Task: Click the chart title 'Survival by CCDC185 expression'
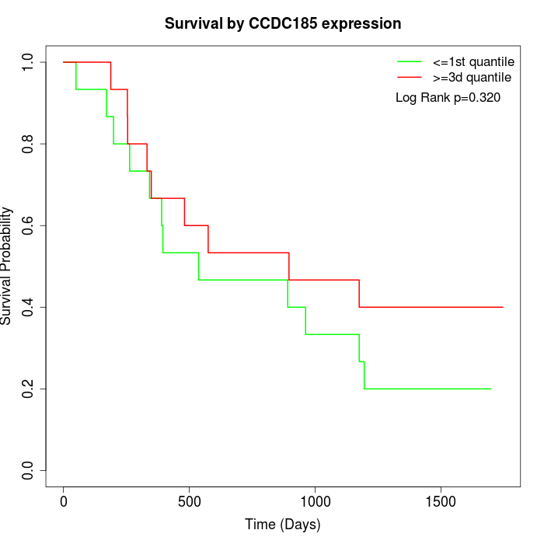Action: click(x=283, y=24)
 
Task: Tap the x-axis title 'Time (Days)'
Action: click(x=283, y=525)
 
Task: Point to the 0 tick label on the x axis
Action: click(x=64, y=500)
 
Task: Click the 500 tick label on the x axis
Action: click(x=190, y=500)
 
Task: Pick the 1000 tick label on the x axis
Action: click(x=315, y=500)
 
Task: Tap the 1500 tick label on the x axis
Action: click(x=441, y=500)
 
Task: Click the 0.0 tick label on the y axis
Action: click(x=29, y=470)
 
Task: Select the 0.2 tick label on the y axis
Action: click(x=29, y=389)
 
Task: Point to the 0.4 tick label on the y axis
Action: click(x=29, y=307)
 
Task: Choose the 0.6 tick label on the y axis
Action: click(x=29, y=225)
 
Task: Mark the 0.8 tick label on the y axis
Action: click(x=29, y=144)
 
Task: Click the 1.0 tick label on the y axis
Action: click(x=29, y=62)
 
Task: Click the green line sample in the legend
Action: click(x=410, y=61)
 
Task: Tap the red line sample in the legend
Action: click(x=410, y=77)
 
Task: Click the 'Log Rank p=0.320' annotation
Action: click(x=448, y=98)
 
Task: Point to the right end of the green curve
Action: click(x=491, y=389)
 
